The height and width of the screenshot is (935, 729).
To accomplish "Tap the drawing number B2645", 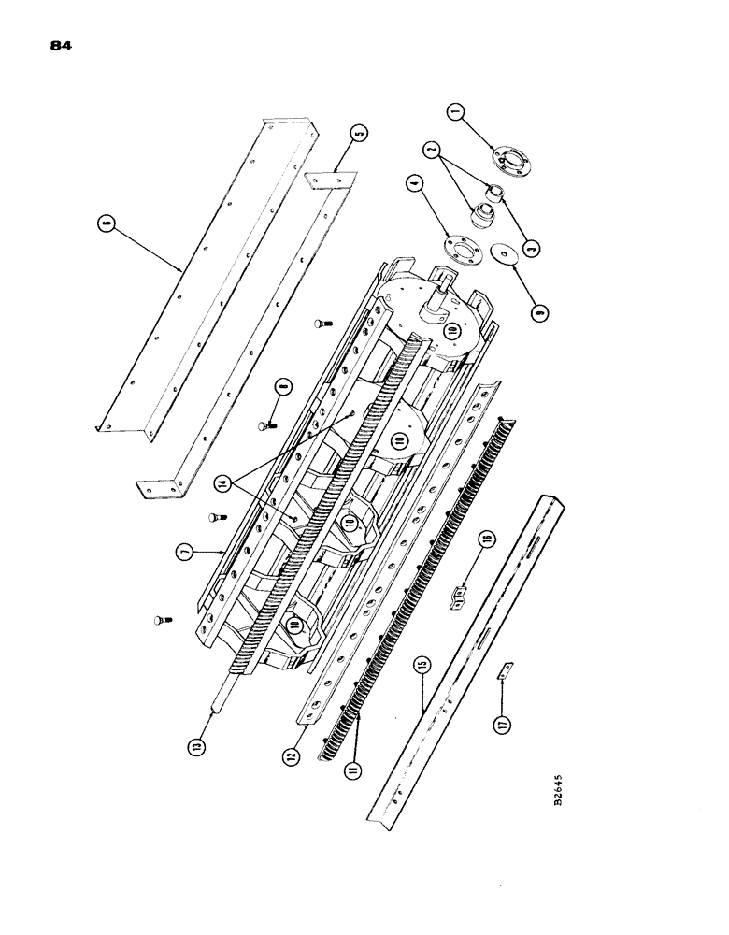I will [558, 788].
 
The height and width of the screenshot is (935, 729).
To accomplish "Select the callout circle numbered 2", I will [431, 149].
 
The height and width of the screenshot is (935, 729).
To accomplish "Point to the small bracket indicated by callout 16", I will [460, 593].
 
